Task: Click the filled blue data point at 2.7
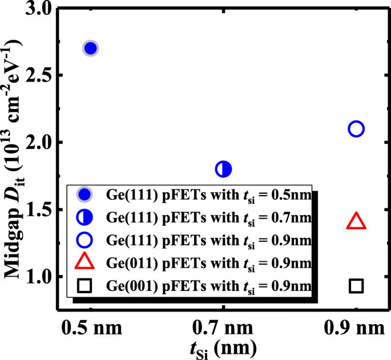(x=90, y=48)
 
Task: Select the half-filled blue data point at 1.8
(x=223, y=169)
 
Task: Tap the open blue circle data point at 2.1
(x=356, y=129)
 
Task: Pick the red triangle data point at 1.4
(x=356, y=221)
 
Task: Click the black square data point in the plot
(x=356, y=285)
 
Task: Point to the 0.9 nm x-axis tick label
(x=357, y=329)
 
